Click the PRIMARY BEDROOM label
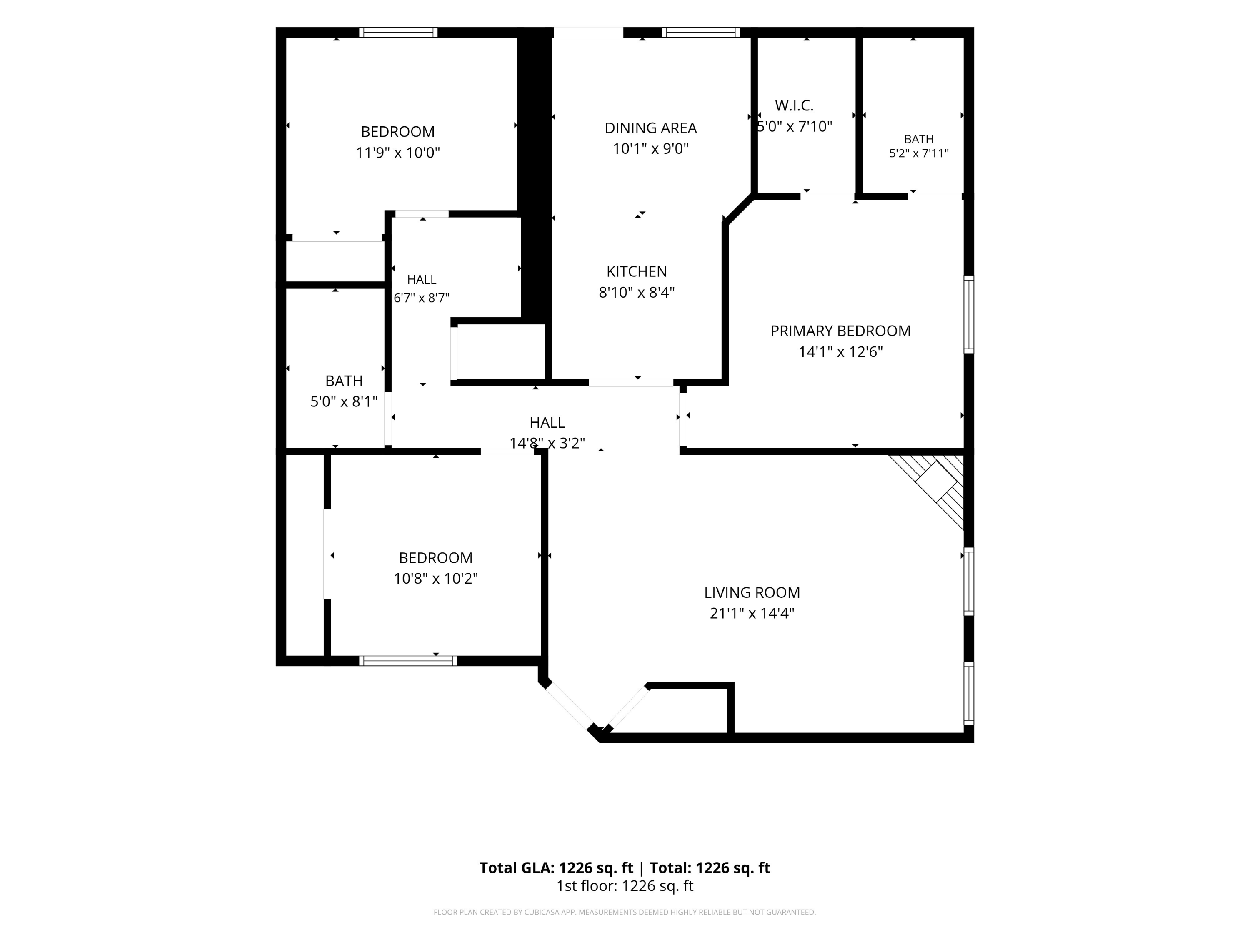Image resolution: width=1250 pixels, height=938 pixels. (x=840, y=331)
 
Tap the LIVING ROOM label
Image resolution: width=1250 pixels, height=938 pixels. (x=752, y=592)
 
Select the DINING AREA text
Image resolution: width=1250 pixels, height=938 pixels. (x=650, y=128)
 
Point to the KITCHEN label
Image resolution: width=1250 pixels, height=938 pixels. (x=637, y=271)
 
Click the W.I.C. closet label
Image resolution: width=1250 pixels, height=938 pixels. (x=794, y=105)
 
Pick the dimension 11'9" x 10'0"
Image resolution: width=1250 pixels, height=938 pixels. (x=398, y=153)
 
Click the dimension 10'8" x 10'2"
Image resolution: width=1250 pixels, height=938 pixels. (x=436, y=578)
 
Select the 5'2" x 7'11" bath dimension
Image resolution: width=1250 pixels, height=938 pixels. (x=919, y=153)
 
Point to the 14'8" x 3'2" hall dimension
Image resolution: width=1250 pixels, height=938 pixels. (x=547, y=443)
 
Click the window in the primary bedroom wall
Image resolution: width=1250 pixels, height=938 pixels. (x=969, y=314)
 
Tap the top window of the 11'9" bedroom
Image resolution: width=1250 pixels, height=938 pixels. (x=398, y=32)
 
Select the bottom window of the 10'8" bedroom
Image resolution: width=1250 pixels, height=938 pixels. (x=408, y=660)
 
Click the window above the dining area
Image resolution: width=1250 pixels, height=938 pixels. (x=701, y=32)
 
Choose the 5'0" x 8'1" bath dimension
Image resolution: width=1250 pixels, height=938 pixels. (x=344, y=401)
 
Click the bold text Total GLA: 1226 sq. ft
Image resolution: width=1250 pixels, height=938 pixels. (x=556, y=868)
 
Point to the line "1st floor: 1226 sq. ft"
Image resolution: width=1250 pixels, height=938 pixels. (x=625, y=886)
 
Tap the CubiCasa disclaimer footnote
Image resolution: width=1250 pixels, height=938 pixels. (x=625, y=912)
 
